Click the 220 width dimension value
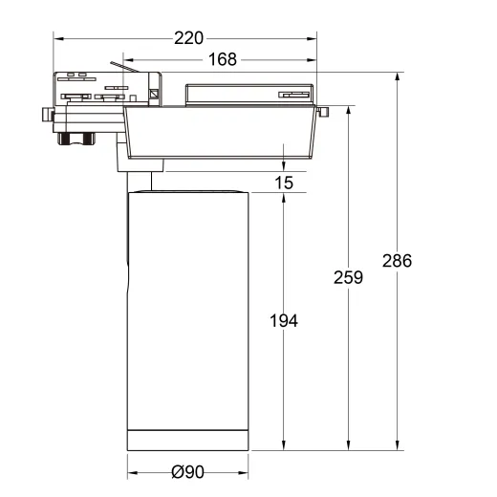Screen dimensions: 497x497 pyautogui.click(x=188, y=39)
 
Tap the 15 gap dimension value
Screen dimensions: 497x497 pyautogui.click(x=284, y=182)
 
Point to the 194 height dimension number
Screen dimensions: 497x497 pyautogui.click(x=284, y=321)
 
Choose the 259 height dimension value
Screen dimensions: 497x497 pyautogui.click(x=348, y=278)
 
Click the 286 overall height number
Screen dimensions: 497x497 pyautogui.click(x=397, y=260)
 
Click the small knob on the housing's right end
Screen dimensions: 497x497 pyautogui.click(x=324, y=114)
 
